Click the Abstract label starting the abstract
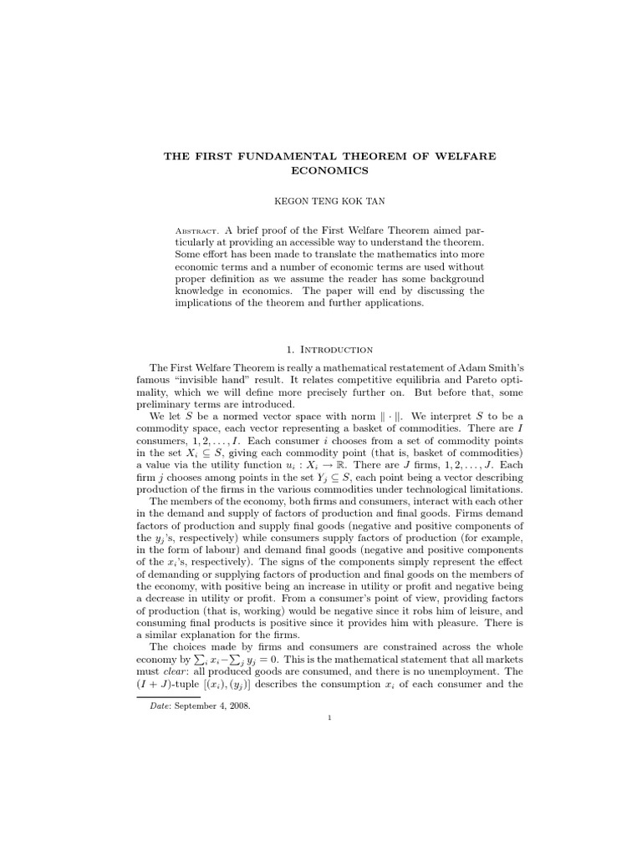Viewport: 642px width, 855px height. pos(196,229)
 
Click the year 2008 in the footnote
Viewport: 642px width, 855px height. pos(237,706)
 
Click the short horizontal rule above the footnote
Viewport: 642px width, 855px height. pos(162,696)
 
